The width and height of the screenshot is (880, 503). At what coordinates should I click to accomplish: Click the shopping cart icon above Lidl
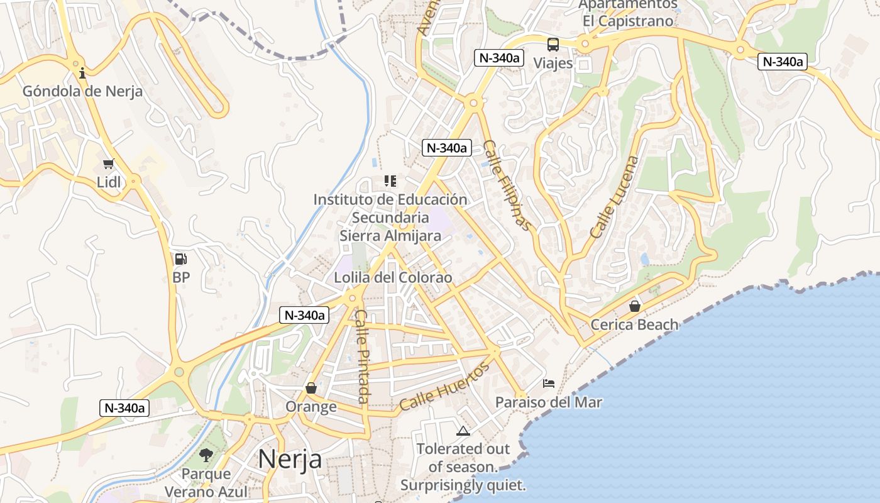[108, 164]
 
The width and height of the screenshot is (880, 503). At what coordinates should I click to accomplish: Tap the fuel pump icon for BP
[180, 259]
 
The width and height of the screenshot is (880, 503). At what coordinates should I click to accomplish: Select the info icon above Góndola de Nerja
[82, 74]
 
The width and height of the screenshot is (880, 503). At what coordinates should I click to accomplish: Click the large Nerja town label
[290, 459]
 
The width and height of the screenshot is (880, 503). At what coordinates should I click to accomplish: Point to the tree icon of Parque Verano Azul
[206, 455]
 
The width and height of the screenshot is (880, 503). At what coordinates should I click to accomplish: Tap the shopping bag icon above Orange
[311, 388]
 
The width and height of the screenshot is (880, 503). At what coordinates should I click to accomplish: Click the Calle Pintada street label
[363, 357]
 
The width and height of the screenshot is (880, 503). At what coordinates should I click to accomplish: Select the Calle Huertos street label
[444, 387]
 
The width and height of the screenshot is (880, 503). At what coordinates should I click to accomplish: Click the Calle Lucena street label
[614, 197]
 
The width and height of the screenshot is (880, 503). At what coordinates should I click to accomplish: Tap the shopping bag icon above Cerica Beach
[635, 306]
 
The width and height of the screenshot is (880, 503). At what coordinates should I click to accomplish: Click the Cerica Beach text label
[635, 324]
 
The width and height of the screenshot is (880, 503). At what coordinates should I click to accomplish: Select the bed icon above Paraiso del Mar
[549, 384]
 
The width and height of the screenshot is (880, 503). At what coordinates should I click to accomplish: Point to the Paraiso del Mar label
[549, 402]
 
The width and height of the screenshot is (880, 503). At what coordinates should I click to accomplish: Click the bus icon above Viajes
[553, 45]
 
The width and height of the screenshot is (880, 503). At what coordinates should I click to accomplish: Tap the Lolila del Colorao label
[393, 277]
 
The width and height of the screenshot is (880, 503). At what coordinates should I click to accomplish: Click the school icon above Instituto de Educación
[390, 181]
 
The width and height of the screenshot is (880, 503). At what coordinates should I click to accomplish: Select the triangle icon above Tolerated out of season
[463, 431]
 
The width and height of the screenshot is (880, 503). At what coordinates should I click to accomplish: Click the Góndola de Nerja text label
[82, 91]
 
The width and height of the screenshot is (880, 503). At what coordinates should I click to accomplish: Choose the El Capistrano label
[628, 21]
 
